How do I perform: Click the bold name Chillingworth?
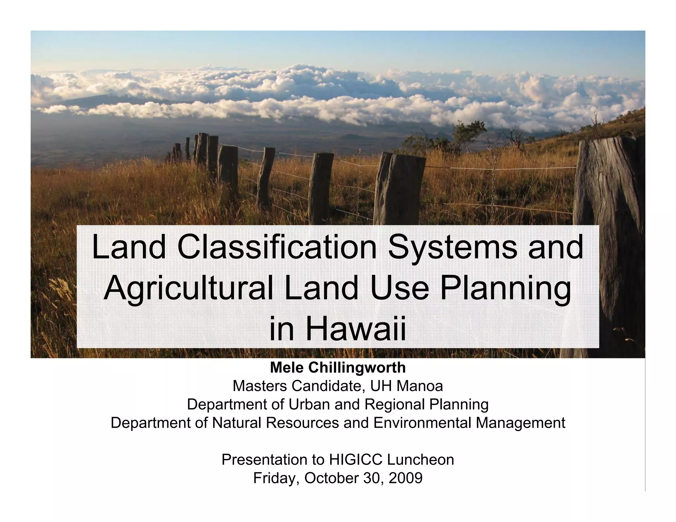point(357,368)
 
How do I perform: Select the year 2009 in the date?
point(405,478)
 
